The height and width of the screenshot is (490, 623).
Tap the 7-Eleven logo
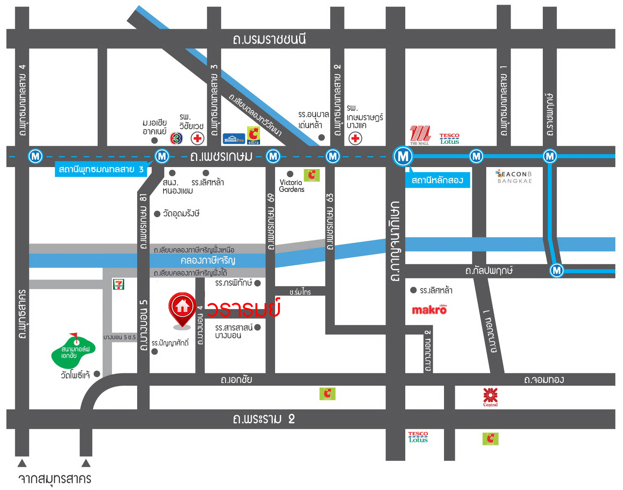pos(118,284)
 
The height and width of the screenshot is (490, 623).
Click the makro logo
pos(429,309)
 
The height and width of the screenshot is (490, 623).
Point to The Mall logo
pos(420,135)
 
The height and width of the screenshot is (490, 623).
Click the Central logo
pos(490,397)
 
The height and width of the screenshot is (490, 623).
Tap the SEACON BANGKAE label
pos(515,177)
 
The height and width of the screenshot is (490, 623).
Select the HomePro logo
pos(234,138)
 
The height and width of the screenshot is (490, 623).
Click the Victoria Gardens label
pos(291,186)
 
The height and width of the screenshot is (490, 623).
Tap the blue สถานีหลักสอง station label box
pos(437,180)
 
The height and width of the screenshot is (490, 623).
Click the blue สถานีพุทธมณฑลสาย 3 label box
pos(101,169)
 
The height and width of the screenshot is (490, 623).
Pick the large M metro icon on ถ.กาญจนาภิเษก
pos(403,156)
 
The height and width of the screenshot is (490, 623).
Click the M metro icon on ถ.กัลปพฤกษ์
pos(556,270)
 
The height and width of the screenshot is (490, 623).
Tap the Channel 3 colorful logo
pos(176,138)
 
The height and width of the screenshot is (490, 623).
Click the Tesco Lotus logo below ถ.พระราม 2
pos(418,437)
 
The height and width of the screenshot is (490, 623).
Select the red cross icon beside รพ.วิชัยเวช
pos(198,138)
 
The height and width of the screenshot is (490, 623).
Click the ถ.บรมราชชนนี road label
pos(269,39)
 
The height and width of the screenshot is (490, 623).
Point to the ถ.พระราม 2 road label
pos(263,419)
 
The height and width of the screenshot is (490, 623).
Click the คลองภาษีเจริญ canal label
pos(208,260)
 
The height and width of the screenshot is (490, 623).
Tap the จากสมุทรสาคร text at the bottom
pos(55,479)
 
